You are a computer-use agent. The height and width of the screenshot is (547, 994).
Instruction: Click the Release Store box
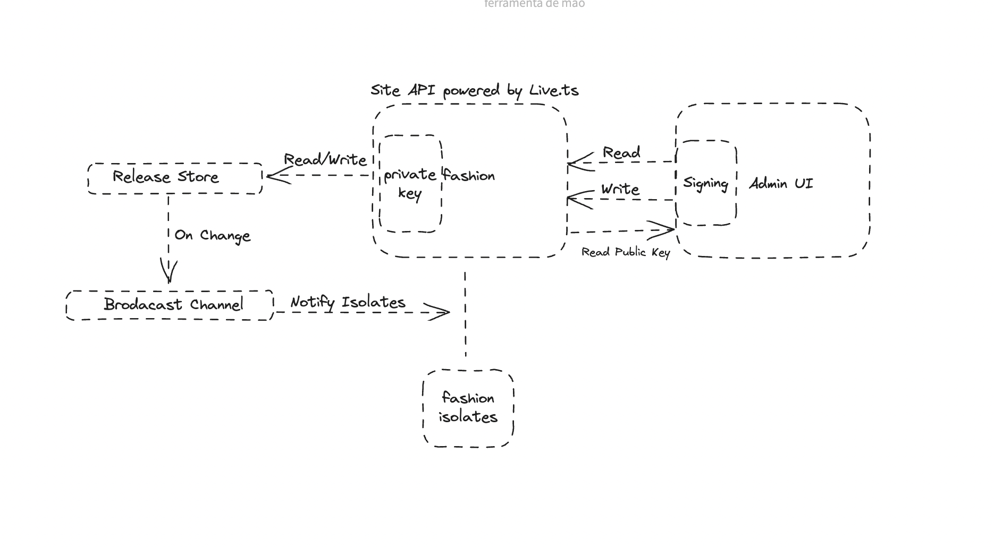(175, 178)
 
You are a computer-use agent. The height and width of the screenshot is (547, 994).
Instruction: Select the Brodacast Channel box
(170, 305)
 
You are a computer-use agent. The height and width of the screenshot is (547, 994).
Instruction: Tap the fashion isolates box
(468, 408)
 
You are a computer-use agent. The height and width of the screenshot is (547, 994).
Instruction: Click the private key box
(410, 183)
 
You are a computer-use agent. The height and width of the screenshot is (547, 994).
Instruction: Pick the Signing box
(706, 183)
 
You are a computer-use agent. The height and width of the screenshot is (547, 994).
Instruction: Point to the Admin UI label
(781, 184)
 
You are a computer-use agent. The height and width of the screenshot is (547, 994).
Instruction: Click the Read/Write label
(325, 159)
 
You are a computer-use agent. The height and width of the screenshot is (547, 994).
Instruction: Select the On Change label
(212, 235)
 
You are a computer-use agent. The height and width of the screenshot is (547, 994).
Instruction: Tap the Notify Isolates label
(348, 302)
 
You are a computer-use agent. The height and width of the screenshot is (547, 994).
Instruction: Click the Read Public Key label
(626, 252)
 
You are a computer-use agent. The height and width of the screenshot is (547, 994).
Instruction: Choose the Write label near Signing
(620, 189)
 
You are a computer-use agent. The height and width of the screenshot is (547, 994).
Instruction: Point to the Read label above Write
(621, 153)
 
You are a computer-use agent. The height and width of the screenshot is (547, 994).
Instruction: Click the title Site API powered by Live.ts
(474, 91)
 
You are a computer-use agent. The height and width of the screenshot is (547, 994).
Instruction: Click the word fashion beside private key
(469, 175)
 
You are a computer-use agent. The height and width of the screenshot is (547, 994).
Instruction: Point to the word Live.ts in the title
(554, 90)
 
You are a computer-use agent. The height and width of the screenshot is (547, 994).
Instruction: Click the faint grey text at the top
(534, 4)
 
